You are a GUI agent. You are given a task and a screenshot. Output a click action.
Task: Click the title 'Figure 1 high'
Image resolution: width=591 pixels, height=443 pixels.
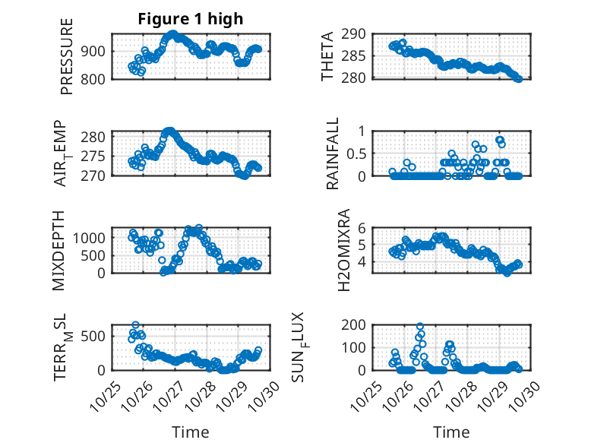[190, 20]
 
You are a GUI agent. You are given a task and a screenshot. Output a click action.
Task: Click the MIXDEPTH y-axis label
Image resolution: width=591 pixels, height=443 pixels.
[60, 251]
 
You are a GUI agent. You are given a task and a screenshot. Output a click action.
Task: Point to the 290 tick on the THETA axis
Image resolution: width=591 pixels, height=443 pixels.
[357, 34]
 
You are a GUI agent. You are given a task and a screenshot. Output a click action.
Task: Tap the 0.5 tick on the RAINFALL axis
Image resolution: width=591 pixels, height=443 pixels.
[357, 153]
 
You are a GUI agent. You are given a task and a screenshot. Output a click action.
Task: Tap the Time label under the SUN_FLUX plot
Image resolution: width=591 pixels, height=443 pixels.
[451, 432]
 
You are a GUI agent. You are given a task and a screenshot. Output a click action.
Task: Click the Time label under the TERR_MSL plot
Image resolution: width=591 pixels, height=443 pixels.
[190, 432]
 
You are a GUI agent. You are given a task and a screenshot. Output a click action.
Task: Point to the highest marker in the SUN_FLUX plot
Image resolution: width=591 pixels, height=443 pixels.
[420, 327]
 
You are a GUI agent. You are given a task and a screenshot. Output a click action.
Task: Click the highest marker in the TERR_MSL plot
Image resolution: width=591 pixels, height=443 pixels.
[136, 325]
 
